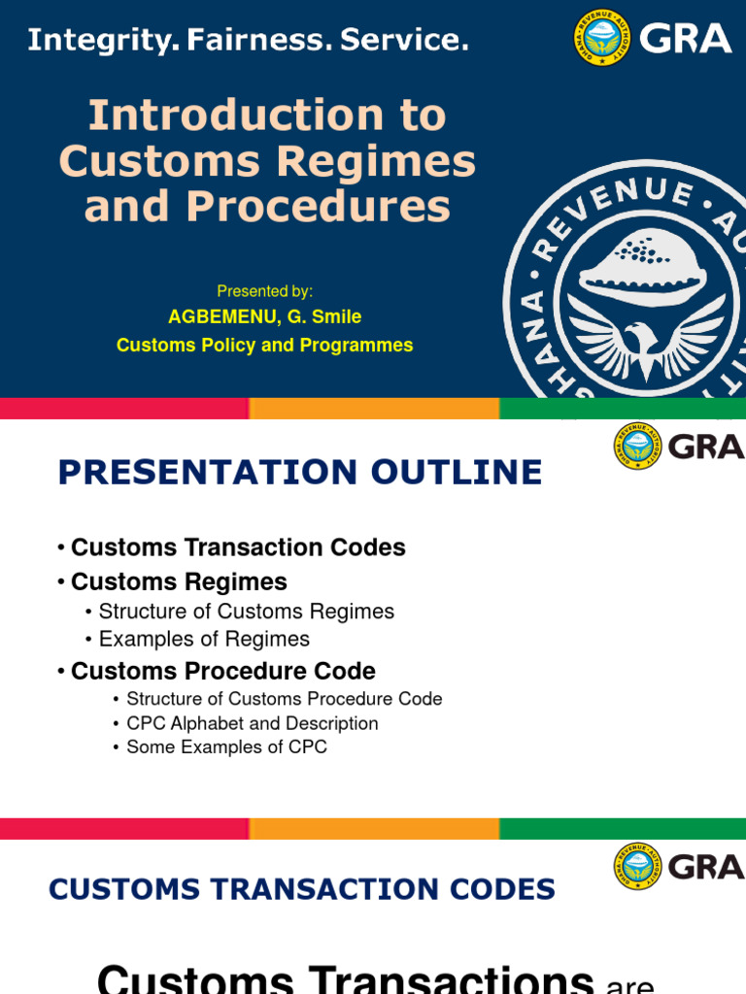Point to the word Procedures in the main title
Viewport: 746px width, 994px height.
tap(318, 206)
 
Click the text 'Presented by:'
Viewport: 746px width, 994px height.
tap(264, 291)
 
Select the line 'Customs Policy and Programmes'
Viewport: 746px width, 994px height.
tap(264, 346)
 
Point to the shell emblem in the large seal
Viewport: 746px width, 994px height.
tap(643, 262)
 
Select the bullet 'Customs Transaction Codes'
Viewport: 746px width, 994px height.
tap(238, 547)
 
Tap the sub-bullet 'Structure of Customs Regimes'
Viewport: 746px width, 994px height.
tap(247, 612)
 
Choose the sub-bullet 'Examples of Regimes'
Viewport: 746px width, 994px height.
tap(204, 639)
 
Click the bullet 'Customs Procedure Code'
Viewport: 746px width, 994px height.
tap(223, 671)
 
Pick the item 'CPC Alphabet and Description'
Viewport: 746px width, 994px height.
tap(253, 723)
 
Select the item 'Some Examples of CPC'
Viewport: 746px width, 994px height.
tap(226, 747)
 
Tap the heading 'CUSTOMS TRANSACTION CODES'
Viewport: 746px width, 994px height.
tap(302, 889)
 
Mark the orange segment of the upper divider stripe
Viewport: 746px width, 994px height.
tap(374, 409)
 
